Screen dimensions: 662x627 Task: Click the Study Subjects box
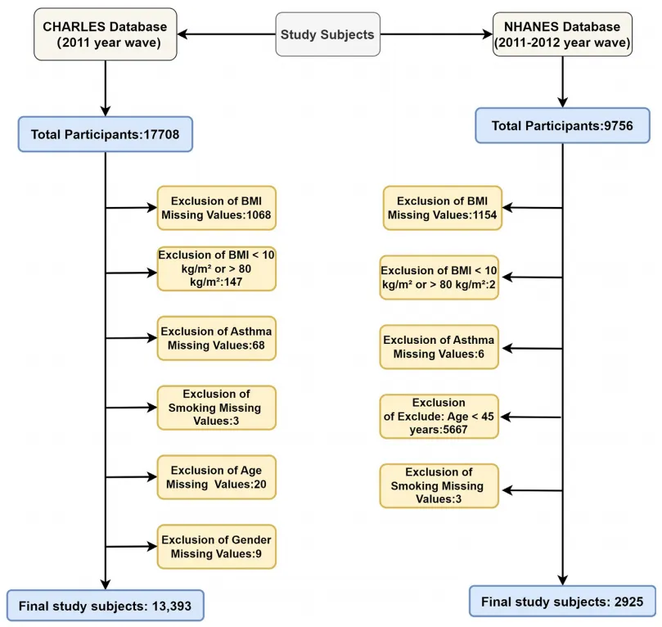point(327,34)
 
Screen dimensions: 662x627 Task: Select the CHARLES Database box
point(105,34)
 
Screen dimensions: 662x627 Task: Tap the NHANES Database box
point(562,34)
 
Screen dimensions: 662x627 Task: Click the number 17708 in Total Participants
point(161,135)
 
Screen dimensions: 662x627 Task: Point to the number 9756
point(619,126)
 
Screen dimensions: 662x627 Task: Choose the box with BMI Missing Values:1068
point(217,208)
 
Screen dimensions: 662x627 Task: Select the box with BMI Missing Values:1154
point(443,208)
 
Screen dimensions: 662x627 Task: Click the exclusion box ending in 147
point(217,269)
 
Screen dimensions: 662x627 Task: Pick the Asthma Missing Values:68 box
point(217,338)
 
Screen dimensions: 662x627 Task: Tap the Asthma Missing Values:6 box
point(439,347)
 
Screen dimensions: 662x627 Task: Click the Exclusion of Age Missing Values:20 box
point(217,477)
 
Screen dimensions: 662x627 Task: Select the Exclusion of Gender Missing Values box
point(217,547)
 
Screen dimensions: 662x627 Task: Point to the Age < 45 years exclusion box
point(439,417)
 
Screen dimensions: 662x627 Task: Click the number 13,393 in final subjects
point(172,607)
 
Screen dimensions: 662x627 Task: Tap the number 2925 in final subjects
point(628,602)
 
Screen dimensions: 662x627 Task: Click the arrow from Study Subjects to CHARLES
point(227,34)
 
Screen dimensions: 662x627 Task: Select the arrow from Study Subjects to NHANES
point(436,34)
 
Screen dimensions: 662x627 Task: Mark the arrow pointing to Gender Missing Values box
point(131,546)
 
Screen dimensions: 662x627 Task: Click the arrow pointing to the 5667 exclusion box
point(531,417)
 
